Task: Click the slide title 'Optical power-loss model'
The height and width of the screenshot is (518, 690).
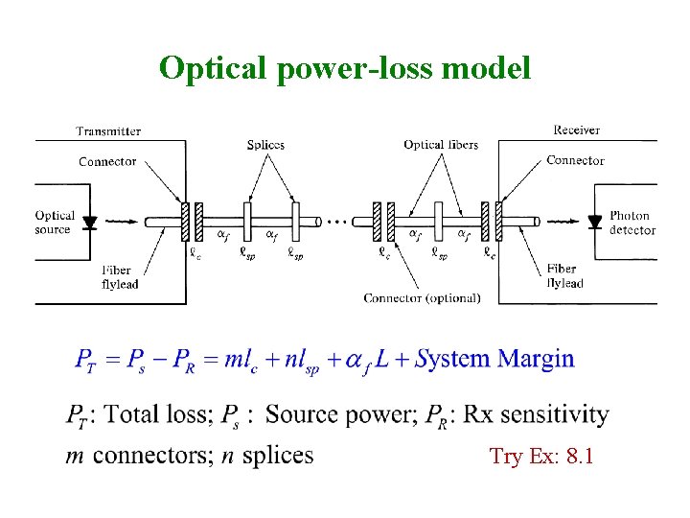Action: point(344,69)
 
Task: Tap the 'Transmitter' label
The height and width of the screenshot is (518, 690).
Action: point(108,131)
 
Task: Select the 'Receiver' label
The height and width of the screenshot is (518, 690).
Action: point(577,129)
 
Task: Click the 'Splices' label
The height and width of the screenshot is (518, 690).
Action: point(265,145)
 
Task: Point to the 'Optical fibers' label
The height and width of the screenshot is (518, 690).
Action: point(441,145)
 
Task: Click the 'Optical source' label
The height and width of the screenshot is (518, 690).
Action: point(56,223)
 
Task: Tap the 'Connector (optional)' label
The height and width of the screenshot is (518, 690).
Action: point(422,298)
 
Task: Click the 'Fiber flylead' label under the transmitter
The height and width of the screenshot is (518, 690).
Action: point(120,277)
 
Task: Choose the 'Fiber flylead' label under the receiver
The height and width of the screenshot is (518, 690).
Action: point(563,276)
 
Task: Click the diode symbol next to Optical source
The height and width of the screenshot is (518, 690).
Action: point(90,223)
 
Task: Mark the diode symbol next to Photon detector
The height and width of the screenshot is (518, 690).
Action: point(594,223)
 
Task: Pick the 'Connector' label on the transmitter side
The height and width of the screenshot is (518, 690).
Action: point(107,161)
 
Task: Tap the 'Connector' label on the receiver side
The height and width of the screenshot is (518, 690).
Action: point(575,160)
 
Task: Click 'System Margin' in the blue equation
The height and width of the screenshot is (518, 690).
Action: point(494,360)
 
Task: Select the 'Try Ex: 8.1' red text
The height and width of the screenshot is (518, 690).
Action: point(541,457)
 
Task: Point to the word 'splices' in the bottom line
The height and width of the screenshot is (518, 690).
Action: point(278,456)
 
